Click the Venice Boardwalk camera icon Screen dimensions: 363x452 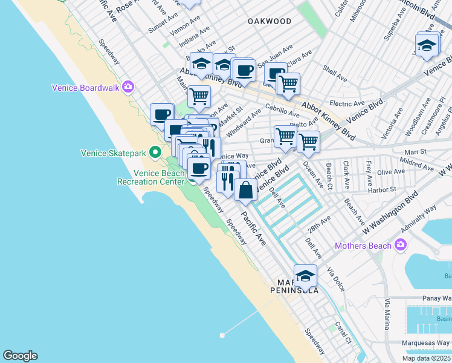128,87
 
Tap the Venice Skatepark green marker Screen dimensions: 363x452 155,152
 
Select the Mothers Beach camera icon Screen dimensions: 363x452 400,245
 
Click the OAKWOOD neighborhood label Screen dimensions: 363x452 270,21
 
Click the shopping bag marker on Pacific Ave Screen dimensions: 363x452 245,191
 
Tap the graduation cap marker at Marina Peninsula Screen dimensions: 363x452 306,275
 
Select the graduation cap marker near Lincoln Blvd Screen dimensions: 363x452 427,45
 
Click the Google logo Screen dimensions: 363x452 20,355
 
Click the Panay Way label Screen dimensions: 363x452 436,298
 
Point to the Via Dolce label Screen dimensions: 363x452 335,279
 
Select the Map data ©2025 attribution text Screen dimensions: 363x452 425,358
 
